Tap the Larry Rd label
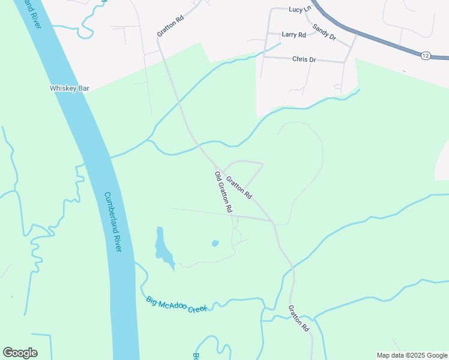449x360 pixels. pos(294,35)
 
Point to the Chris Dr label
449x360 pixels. pos(304,59)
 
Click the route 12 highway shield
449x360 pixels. pos(425,55)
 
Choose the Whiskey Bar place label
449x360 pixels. pos(69,88)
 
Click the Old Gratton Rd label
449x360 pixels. pos(223,193)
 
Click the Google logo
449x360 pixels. pos(20,353)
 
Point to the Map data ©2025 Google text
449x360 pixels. pos(412,355)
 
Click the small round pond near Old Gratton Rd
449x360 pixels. pos(215,244)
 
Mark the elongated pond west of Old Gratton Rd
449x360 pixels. pos(163,248)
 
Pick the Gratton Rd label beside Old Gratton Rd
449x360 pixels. pos(239,187)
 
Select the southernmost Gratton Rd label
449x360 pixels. pos(298,319)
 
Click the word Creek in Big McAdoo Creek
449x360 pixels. pos(196,308)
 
